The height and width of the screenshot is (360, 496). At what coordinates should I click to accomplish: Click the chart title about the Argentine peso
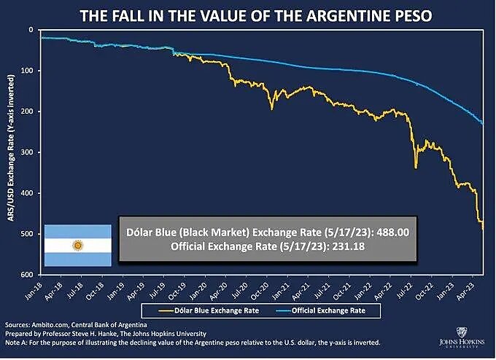248,14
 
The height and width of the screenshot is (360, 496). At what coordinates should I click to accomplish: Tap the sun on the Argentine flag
77,246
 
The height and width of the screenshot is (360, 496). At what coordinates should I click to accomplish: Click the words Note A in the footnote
17,342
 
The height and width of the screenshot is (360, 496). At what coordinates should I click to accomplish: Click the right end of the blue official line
482,123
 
